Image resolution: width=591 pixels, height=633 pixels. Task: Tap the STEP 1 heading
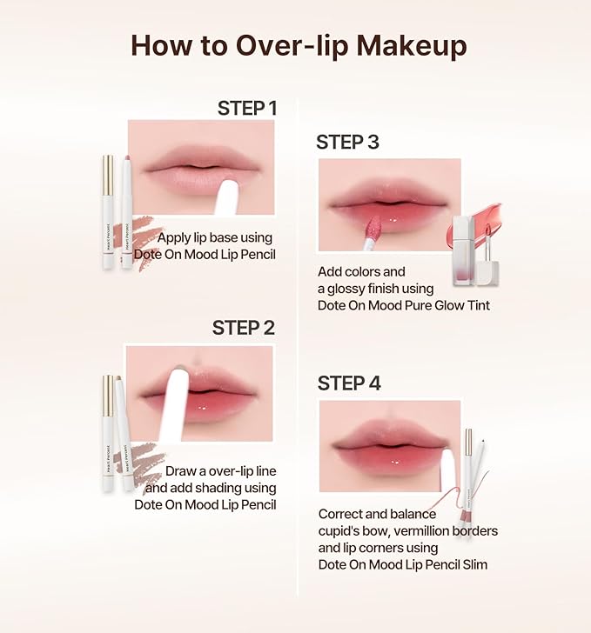(246, 108)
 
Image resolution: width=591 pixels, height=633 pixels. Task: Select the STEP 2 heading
(244, 328)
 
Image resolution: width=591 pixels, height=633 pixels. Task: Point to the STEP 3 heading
(347, 142)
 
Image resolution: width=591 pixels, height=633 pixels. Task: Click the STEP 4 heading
(349, 383)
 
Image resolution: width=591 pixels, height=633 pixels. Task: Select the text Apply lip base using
(215, 237)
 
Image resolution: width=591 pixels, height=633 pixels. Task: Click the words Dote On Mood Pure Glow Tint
(404, 304)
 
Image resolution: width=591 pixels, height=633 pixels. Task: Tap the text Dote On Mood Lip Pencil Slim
(403, 564)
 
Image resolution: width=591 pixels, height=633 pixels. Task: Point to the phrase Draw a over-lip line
(221, 471)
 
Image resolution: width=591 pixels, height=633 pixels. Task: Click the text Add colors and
(361, 271)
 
